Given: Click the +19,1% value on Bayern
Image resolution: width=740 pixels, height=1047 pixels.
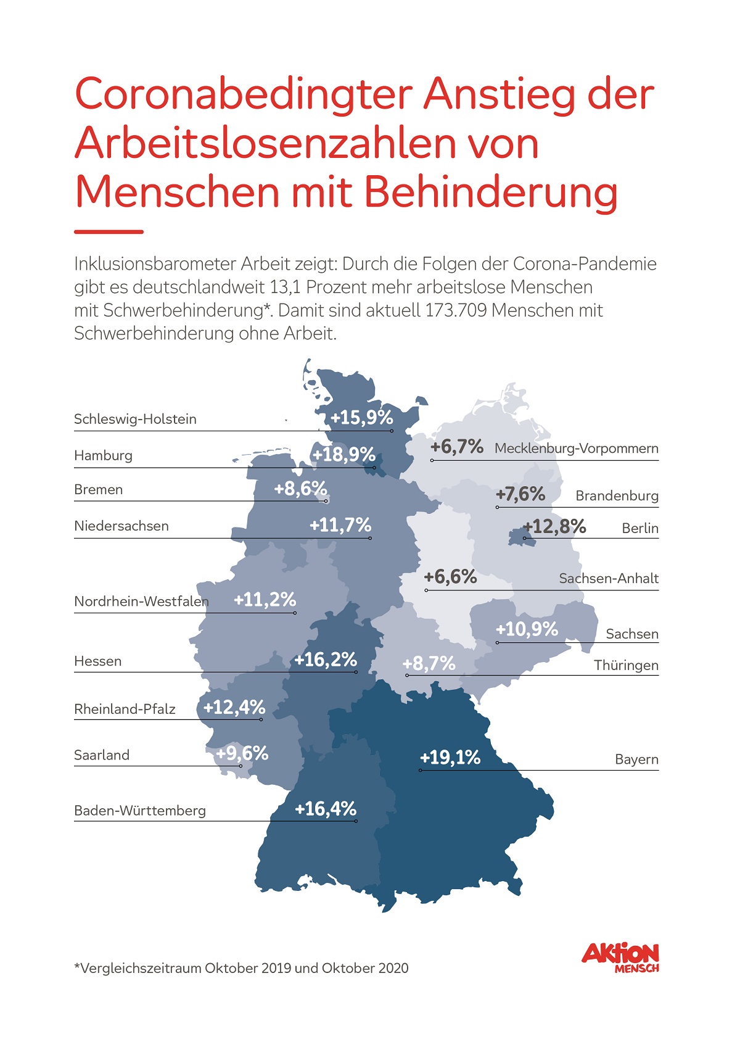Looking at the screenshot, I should tap(450, 758).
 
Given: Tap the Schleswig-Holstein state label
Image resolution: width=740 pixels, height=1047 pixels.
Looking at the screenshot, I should tap(135, 420).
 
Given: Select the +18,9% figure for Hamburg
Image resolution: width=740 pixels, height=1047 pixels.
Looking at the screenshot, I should tap(343, 455).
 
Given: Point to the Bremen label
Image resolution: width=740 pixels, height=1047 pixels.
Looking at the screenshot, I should tap(99, 490).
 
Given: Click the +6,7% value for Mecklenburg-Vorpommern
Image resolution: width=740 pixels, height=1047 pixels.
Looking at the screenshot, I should tap(457, 447).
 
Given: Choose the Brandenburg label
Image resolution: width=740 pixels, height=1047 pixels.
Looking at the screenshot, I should tap(617, 496).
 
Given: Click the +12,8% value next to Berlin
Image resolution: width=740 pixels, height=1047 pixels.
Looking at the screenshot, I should tap(555, 526).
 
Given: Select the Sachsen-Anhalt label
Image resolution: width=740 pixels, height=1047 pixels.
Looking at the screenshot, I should tap(609, 579).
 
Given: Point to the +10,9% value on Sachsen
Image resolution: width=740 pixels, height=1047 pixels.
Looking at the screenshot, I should tap(527, 629).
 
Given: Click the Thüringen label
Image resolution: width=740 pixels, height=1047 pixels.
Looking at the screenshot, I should tap(626, 666).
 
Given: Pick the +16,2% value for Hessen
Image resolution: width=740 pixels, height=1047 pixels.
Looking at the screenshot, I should tap(326, 660).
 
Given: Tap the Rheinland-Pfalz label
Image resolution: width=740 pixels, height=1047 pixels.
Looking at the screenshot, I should tap(125, 710).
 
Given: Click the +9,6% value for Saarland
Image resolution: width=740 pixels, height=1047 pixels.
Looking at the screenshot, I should tap(242, 753).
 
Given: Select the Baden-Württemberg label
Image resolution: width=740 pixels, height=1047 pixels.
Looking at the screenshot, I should tap(140, 811).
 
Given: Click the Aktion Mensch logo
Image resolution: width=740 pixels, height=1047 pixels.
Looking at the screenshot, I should tap(620, 958).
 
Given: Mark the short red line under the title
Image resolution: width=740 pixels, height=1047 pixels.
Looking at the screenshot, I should tap(109, 232).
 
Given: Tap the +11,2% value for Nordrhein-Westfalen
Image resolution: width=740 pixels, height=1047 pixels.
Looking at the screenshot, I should tap(265, 600).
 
